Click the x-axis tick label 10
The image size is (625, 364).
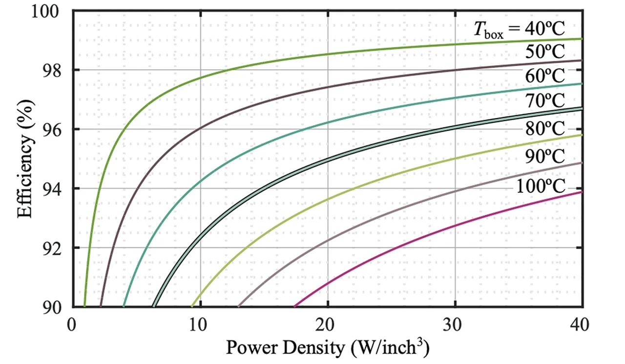click(x=200, y=324)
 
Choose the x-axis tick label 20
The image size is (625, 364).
click(x=328, y=324)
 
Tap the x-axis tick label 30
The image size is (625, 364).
click(x=455, y=324)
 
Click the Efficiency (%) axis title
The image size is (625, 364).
click(x=25, y=159)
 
